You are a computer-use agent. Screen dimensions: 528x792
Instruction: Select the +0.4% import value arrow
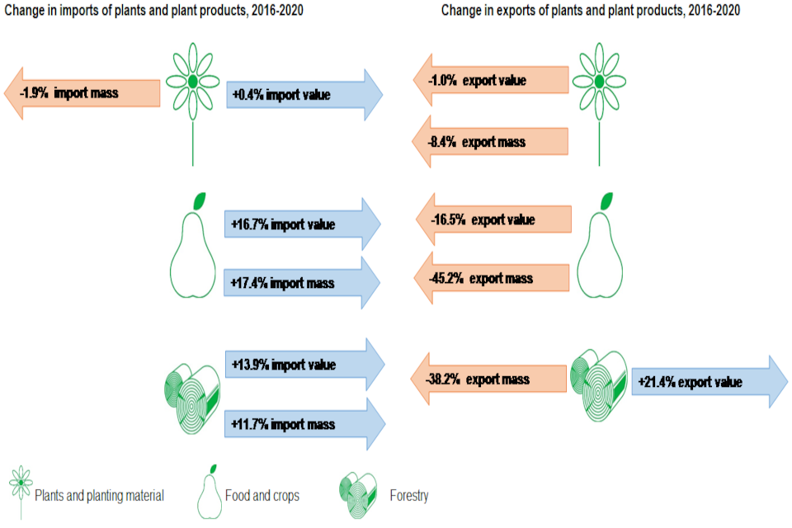[302, 95]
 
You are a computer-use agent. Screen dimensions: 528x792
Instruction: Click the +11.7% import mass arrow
[304, 424]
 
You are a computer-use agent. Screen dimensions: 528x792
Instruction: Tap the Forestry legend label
[408, 496]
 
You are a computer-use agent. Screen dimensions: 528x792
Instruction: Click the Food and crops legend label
[262, 496]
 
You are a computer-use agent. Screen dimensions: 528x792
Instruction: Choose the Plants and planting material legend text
[99, 496]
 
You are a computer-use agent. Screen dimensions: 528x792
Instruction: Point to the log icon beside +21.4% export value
[599, 382]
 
